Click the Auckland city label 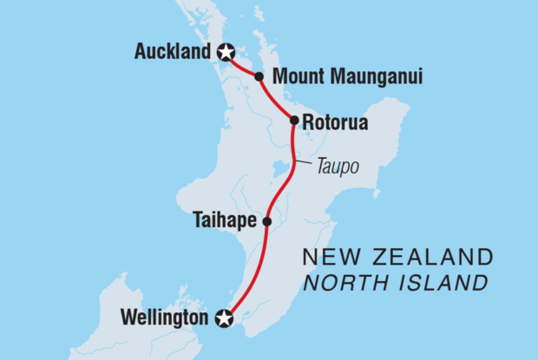click(x=173, y=53)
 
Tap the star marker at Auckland click(x=226, y=53)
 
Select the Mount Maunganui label click(x=347, y=77)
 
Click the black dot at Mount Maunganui click(x=259, y=77)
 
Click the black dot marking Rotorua click(x=294, y=121)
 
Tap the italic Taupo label click(x=338, y=166)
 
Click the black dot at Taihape click(x=266, y=222)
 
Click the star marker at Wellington click(x=225, y=319)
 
